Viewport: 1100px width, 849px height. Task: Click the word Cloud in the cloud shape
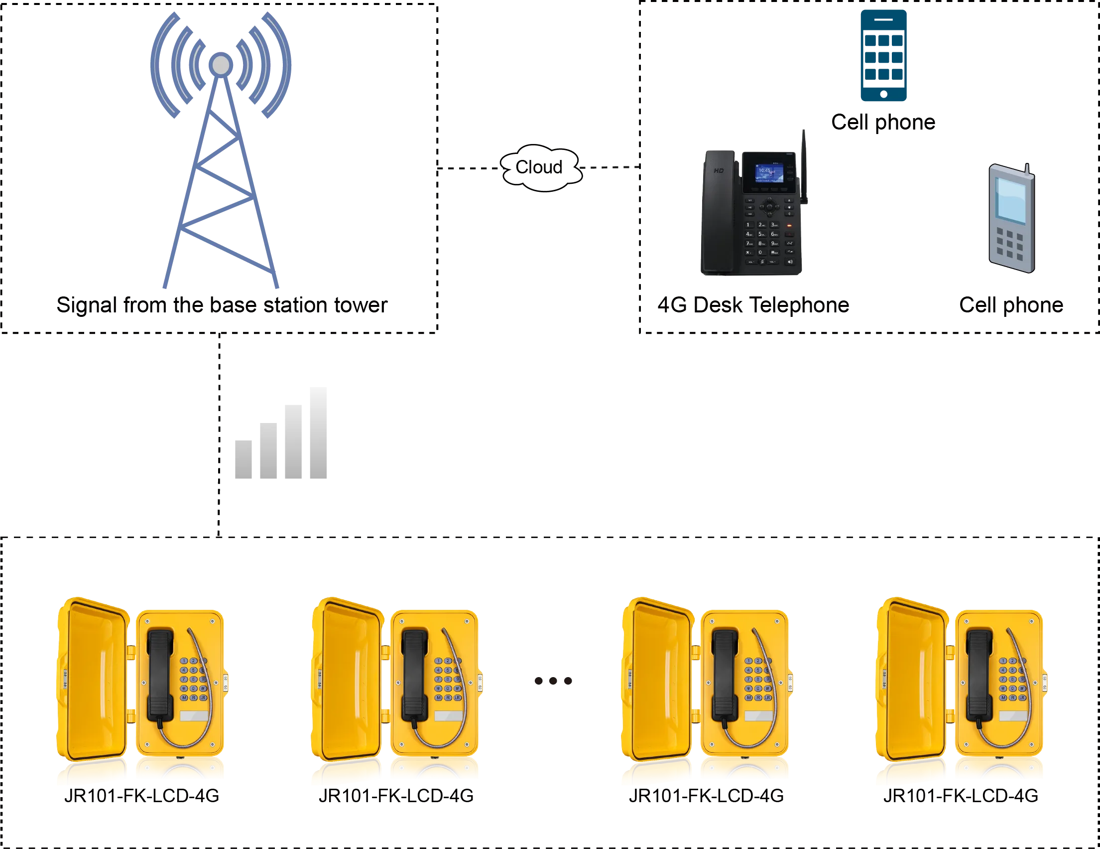click(x=538, y=167)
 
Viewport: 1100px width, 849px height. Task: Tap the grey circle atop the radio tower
click(x=221, y=65)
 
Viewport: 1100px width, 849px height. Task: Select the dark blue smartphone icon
click(x=884, y=55)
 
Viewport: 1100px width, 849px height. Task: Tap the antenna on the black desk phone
click(x=804, y=166)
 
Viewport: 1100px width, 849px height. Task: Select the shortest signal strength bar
click(x=245, y=460)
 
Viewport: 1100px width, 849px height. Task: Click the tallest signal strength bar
click(x=316, y=434)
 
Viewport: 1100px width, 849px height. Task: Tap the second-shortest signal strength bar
click(x=268, y=452)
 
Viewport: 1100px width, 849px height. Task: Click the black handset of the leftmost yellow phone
click(x=160, y=675)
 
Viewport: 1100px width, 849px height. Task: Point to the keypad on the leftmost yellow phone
click(x=193, y=679)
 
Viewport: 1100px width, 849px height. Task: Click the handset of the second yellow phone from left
click(x=415, y=675)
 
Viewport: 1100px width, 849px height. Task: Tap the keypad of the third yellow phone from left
click(x=758, y=679)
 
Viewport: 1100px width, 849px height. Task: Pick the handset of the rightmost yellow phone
click(x=979, y=675)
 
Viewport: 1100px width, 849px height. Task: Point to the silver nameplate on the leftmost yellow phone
click(x=194, y=716)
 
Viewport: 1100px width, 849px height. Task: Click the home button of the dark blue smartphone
click(x=884, y=94)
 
